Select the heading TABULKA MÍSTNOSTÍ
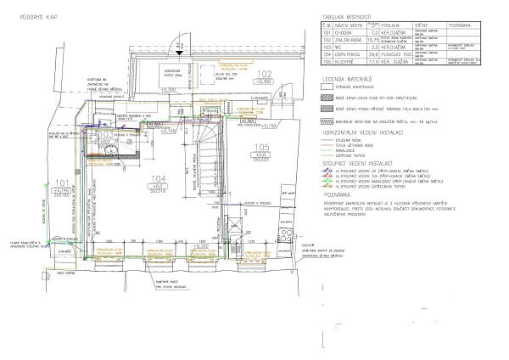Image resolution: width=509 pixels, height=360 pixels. [x=339, y=16]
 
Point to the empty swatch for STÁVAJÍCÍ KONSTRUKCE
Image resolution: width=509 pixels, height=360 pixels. [x=322, y=88]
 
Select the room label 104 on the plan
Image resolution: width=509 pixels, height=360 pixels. [x=156, y=178]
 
